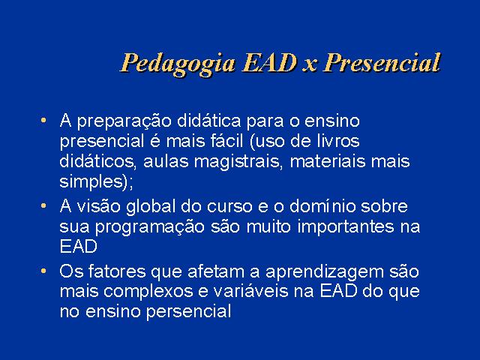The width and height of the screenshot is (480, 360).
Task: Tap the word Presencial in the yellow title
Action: [382, 63]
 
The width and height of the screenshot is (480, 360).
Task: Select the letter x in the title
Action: [310, 66]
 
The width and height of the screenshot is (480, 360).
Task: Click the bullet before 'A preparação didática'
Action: [43, 120]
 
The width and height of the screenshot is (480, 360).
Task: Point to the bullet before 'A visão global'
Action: [43, 205]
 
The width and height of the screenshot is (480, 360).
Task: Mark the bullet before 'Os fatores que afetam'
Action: [43, 271]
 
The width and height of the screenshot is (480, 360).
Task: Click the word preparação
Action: [124, 121]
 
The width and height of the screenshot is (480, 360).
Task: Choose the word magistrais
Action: [237, 162]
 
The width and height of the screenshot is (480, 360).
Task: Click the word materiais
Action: [328, 161]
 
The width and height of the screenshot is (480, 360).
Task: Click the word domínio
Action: [322, 207]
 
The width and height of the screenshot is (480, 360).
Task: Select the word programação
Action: [150, 228]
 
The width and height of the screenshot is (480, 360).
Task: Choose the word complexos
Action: [148, 292]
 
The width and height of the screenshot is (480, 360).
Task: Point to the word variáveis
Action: [251, 291]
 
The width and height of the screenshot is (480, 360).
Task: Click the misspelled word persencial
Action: [188, 312]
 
